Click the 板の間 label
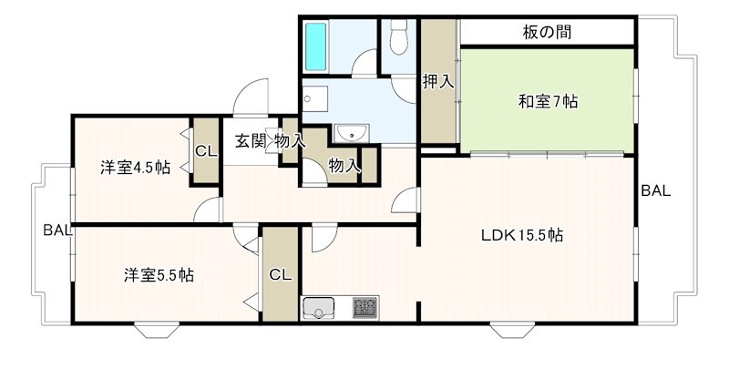[547, 32]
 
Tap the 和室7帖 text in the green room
[548, 101]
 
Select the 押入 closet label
[437, 82]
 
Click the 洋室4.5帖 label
[135, 168]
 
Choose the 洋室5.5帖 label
[159, 274]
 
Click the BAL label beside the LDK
[655, 191]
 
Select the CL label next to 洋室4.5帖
[206, 151]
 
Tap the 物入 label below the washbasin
[343, 166]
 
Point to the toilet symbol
[398, 38]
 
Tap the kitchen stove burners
[365, 307]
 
